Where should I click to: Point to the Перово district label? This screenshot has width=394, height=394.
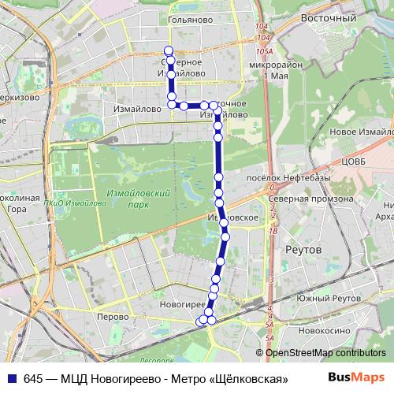(x=111, y=316)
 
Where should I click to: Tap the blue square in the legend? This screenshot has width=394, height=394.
(x=13, y=377)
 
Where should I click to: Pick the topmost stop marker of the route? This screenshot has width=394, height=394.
(x=168, y=50)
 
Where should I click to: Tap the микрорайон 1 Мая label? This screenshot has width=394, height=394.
(x=266, y=70)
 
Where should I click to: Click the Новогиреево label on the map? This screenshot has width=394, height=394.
(x=182, y=303)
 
